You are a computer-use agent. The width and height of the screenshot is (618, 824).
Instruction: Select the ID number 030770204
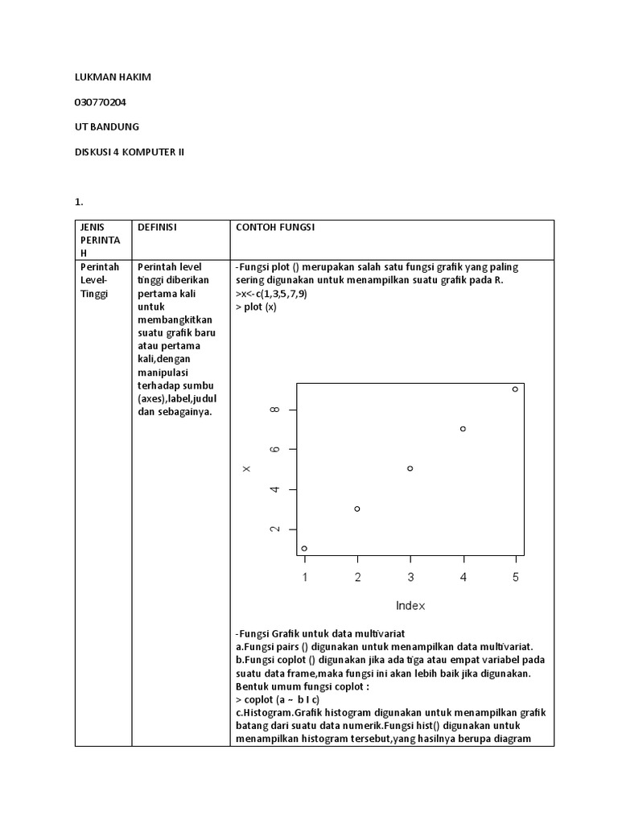(x=100, y=102)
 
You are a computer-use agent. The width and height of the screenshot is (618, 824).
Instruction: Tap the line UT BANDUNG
(x=106, y=127)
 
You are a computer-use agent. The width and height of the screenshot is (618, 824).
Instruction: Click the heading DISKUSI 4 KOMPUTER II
(x=129, y=151)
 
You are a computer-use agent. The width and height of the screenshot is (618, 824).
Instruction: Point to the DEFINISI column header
(x=157, y=228)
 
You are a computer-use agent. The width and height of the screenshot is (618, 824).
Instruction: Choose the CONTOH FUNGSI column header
(x=275, y=228)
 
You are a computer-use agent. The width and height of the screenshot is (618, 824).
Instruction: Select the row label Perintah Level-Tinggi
(x=99, y=280)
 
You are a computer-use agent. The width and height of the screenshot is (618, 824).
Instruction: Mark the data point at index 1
(x=304, y=548)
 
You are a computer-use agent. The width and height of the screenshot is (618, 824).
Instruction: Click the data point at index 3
(x=410, y=468)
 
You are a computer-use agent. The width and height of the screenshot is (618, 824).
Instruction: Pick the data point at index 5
(x=516, y=389)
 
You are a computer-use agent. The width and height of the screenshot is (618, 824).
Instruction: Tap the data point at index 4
(x=463, y=429)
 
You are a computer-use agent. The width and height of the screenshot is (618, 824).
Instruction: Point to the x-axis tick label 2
(x=357, y=577)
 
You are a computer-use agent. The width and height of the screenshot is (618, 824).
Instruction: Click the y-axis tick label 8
(x=275, y=410)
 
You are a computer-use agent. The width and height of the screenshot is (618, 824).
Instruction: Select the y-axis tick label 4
(x=275, y=489)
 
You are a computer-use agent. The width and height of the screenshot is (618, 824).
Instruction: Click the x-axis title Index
(x=410, y=605)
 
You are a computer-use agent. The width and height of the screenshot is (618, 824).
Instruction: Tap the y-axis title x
(x=247, y=469)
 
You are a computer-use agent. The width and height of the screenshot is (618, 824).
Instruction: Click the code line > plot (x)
(x=256, y=307)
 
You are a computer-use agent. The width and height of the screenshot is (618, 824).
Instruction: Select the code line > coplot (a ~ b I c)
(x=278, y=700)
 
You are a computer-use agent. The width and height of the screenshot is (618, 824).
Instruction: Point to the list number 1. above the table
(x=79, y=202)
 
